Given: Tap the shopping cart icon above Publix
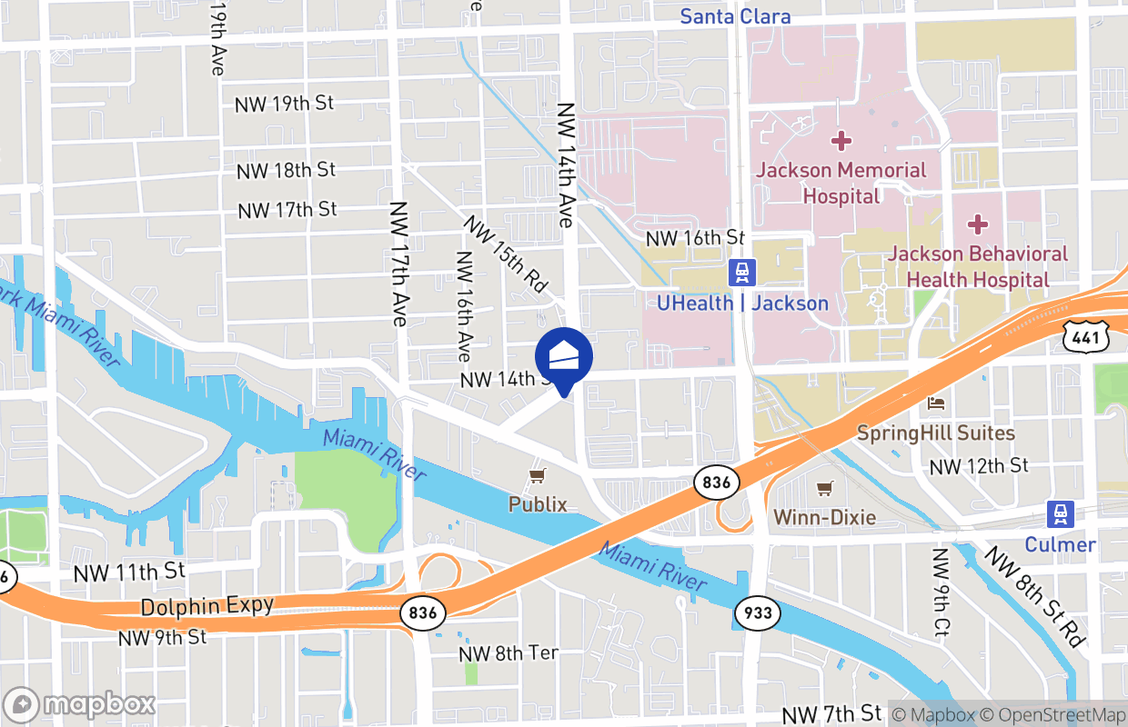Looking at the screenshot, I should tap(538, 475).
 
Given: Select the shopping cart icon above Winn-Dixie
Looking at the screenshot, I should tap(824, 489).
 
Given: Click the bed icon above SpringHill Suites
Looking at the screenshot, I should tap(936, 403).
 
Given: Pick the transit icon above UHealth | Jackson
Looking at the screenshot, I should tap(743, 272).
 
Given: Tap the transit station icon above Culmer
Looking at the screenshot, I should tap(1060, 513).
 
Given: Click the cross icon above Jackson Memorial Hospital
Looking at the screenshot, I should tap(841, 141).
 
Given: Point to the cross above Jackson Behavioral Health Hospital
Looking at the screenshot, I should tap(978, 224).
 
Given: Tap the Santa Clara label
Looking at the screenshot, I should tap(736, 16).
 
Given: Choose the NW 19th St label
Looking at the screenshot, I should tap(284, 104).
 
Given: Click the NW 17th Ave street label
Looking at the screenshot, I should tap(398, 264).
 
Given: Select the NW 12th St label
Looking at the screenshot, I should tap(978, 466).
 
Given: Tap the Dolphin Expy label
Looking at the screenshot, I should tap(207, 606).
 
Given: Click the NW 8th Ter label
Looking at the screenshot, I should tap(508, 653).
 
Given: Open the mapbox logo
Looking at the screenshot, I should tap(80, 704).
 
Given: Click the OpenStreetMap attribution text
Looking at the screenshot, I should tap(1057, 714).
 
